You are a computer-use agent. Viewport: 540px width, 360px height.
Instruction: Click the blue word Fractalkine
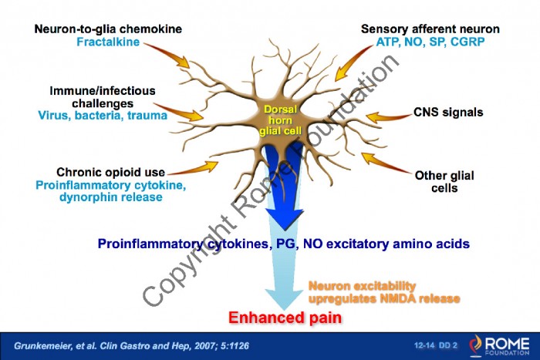point(108,42)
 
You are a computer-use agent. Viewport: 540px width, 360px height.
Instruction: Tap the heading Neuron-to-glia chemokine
point(108,29)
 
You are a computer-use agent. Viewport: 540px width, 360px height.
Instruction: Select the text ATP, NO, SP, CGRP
point(430,42)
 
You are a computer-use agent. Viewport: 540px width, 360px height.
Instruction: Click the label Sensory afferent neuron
point(430,29)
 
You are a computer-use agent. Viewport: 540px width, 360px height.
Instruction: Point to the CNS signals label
point(448,113)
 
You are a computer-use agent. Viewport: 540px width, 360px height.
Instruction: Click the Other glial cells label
point(444,182)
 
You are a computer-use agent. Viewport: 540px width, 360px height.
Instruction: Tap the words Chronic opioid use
point(110,172)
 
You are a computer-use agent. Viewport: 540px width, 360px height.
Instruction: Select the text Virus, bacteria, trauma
point(103,116)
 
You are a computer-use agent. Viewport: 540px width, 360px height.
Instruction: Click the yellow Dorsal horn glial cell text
point(280,120)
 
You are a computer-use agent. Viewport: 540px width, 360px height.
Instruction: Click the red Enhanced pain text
point(285,318)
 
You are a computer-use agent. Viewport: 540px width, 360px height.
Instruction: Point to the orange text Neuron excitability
point(362,286)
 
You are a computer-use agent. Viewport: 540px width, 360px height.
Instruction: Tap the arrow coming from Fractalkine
point(168,55)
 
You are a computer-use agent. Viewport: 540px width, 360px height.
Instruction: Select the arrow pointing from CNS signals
point(389,117)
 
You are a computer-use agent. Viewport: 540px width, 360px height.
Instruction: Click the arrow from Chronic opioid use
point(194,169)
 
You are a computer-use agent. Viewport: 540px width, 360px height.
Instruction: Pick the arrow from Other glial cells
point(386,163)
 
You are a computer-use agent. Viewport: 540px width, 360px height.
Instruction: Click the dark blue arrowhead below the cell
point(285,219)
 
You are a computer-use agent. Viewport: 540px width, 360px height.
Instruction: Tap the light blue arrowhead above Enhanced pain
point(284,299)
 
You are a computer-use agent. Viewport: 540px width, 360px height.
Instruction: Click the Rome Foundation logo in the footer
point(499,345)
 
